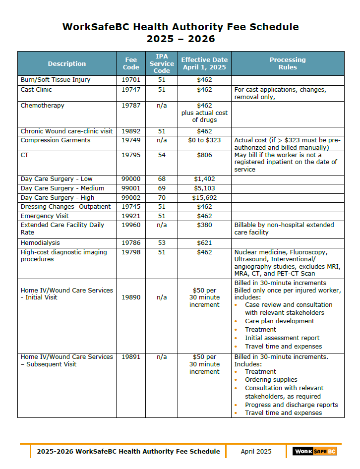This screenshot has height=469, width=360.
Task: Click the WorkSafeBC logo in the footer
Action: [314, 451]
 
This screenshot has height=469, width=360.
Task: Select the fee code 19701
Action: [131, 80]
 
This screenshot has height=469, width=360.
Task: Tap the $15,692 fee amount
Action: [204, 198]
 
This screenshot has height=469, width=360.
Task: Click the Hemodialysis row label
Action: [40, 243]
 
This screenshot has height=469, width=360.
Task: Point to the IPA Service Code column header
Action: [162, 63]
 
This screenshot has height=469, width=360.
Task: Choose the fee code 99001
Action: [131, 188]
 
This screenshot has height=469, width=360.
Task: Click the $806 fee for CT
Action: [204, 155]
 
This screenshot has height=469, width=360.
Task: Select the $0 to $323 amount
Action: [204, 140]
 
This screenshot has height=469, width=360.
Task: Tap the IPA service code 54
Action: [162, 155]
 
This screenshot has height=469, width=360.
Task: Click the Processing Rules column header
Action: [288, 63]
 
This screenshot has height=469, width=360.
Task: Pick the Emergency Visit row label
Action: [45, 216]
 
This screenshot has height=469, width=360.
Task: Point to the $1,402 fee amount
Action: [204, 179]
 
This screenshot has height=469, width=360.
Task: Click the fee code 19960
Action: [131, 225]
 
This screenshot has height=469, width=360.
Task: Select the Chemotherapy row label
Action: [43, 106]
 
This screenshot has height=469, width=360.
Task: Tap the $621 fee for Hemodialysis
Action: [204, 243]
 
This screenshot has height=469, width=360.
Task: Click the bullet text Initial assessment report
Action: [282, 338]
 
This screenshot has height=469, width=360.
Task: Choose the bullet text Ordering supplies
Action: [271, 380]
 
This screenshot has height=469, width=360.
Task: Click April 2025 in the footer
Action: [256, 451]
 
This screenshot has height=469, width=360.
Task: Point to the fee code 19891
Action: [131, 357]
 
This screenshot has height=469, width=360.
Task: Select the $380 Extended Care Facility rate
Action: [204, 225]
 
